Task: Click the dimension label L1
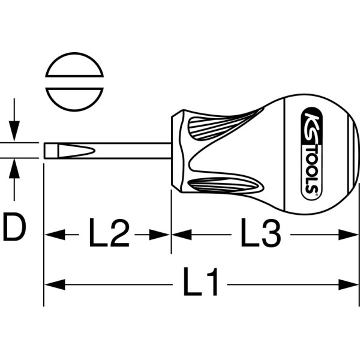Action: click(200, 281)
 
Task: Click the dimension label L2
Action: click(109, 232)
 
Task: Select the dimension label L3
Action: click(261, 232)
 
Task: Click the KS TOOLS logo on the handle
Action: click(311, 154)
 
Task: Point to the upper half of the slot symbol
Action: click(74, 65)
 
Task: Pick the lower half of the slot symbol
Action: click(74, 100)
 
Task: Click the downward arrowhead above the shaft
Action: click(14, 131)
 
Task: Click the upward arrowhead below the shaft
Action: click(14, 169)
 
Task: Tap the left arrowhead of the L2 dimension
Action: click(55, 235)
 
